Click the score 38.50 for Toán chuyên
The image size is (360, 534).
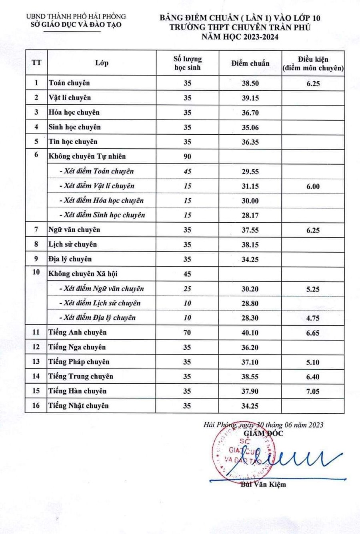(250, 84)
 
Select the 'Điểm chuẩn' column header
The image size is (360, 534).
(250, 63)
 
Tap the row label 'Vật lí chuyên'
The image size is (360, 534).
(70, 98)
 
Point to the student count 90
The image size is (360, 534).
(187, 156)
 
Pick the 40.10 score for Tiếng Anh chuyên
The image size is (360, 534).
(250, 333)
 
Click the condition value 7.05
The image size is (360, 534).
(313, 392)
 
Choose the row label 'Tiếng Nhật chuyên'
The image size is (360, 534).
(78, 406)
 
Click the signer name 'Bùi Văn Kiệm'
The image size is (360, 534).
(263, 484)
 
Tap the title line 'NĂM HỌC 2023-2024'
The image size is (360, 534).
(240, 37)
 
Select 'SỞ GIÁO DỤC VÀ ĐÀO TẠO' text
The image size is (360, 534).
(76, 24)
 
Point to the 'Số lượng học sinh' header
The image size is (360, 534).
(187, 63)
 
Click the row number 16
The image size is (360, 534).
(36, 406)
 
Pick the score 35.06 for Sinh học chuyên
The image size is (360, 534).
(250, 128)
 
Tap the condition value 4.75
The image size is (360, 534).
(313, 318)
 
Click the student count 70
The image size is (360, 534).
(187, 333)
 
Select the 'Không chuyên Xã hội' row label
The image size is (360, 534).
(83, 274)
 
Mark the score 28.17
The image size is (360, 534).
(250, 215)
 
